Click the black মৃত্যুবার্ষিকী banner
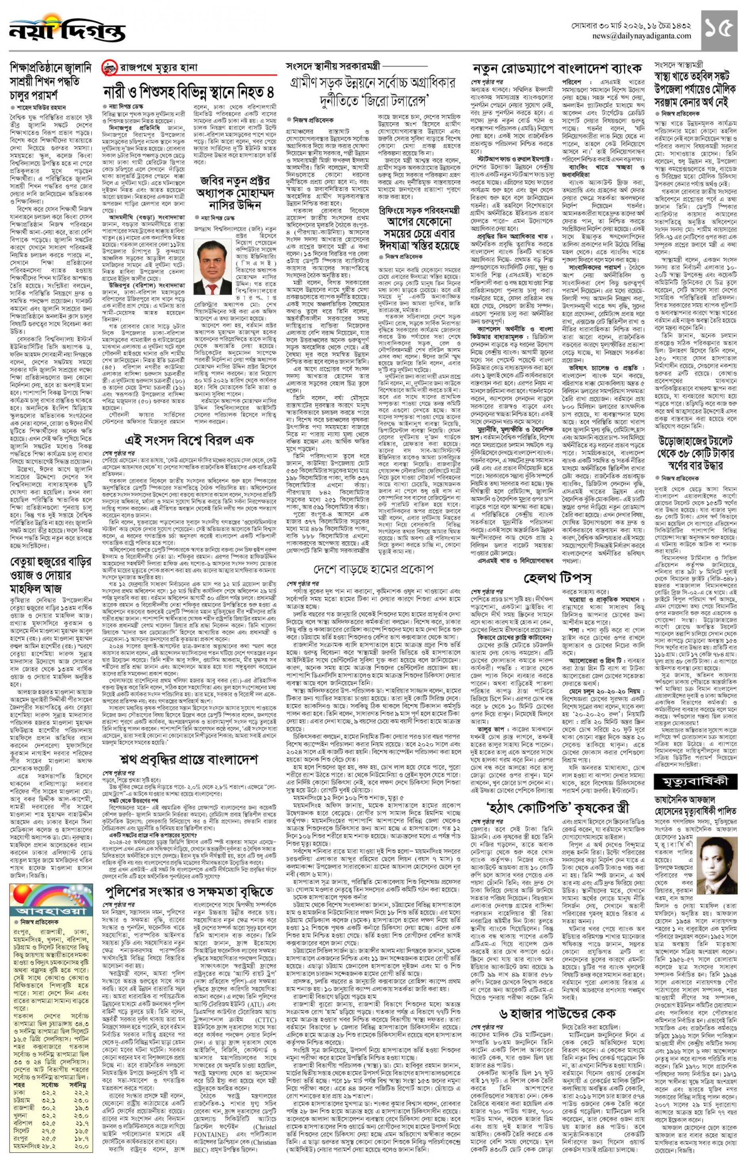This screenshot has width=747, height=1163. (695, 782)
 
